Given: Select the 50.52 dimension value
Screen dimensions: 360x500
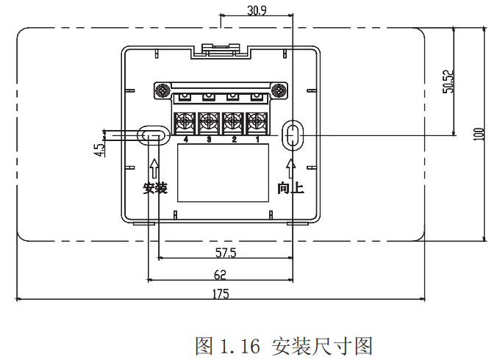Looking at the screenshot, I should coord(447,82).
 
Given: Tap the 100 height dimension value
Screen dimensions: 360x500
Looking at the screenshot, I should coord(479,134).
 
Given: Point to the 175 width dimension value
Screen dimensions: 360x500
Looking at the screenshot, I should coord(221,293).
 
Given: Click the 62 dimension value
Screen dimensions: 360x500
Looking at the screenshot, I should coord(220,274).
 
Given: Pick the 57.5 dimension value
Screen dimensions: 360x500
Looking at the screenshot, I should coord(225,253).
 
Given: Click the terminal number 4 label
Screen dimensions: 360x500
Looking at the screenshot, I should coord(185,140).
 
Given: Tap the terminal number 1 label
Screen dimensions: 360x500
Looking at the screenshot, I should coord(257,140).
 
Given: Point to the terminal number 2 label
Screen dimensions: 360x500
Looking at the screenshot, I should coord(233,140).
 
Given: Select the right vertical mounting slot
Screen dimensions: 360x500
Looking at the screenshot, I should coord(293,134).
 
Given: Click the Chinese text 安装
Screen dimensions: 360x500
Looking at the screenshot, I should coord(155,188).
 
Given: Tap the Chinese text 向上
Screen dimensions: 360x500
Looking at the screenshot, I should coord(290,188).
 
